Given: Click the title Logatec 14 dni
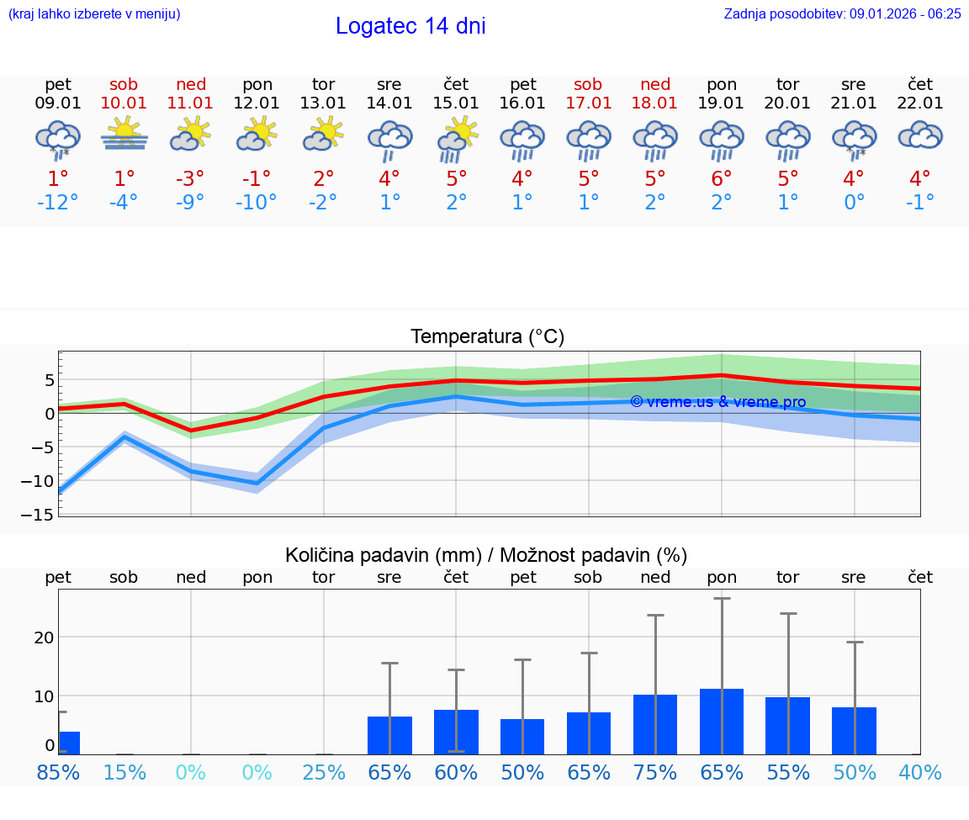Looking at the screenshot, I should pos(410,26).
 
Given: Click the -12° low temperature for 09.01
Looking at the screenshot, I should pos(58,203).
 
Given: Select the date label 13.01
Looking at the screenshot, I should pos(323,103).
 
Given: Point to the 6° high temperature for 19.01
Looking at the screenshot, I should pos(722,179).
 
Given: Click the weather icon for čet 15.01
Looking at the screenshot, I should pos(456,139).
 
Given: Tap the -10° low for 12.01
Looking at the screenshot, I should pos(257,203).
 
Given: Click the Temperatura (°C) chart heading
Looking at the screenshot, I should pos(487,337).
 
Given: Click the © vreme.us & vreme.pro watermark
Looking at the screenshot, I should pos(717,402).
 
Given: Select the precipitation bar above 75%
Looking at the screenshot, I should pos(655,724).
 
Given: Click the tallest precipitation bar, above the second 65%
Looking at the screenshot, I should pos(722,722).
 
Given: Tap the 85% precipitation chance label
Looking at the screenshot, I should pos(58,772).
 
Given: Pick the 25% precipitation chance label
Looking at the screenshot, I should pos(323,772).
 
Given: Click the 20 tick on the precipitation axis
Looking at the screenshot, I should pos(44,637).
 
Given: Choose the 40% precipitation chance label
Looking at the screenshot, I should pos(919,772).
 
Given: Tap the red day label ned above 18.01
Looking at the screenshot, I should pos(655,84).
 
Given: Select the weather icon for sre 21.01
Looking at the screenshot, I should pos(854,139).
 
